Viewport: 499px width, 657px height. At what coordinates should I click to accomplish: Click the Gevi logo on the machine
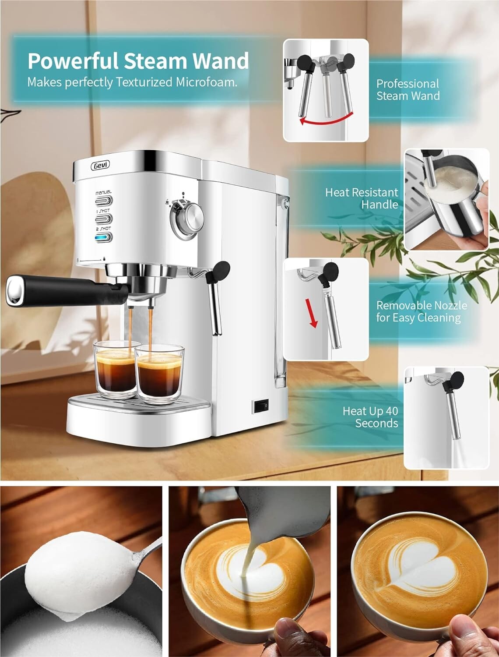[100, 165]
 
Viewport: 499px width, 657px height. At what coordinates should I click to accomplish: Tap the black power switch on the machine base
[261, 406]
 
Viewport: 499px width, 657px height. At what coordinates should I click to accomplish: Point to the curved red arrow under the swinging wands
[326, 118]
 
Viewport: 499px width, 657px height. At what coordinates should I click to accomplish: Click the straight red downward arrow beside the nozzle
[313, 313]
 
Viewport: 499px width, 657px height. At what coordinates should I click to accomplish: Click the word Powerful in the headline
[73, 61]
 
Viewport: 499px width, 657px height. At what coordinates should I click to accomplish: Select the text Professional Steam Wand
[408, 90]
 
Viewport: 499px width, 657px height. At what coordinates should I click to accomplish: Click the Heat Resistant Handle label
[362, 198]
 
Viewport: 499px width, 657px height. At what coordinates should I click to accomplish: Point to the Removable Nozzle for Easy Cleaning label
[421, 311]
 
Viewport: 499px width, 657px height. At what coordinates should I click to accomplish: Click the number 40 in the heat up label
[392, 411]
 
